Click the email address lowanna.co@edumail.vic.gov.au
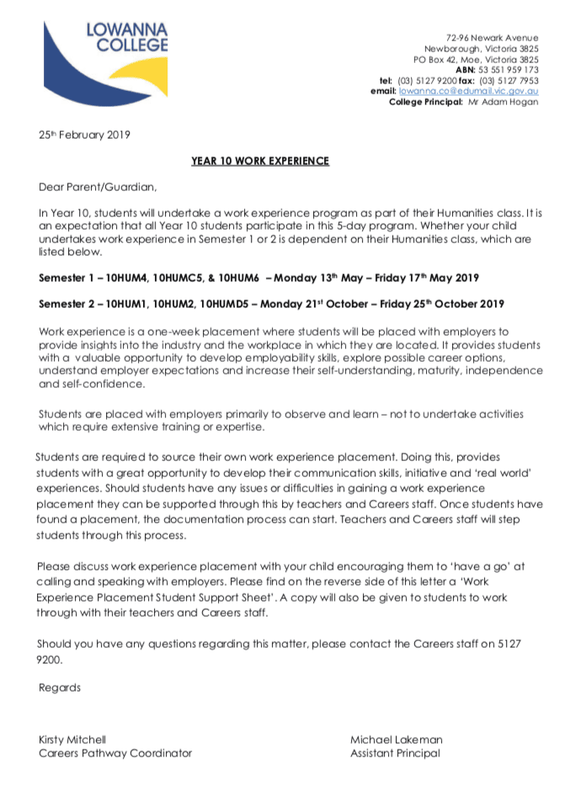tap(469, 91)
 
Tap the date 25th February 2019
tap(84, 134)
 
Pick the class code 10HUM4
tap(122, 277)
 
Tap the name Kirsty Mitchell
tap(72, 740)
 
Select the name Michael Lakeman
tap(396, 740)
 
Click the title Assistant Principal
tap(395, 753)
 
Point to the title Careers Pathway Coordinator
tap(115, 753)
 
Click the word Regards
tap(60, 687)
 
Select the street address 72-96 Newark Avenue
tap(492, 38)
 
